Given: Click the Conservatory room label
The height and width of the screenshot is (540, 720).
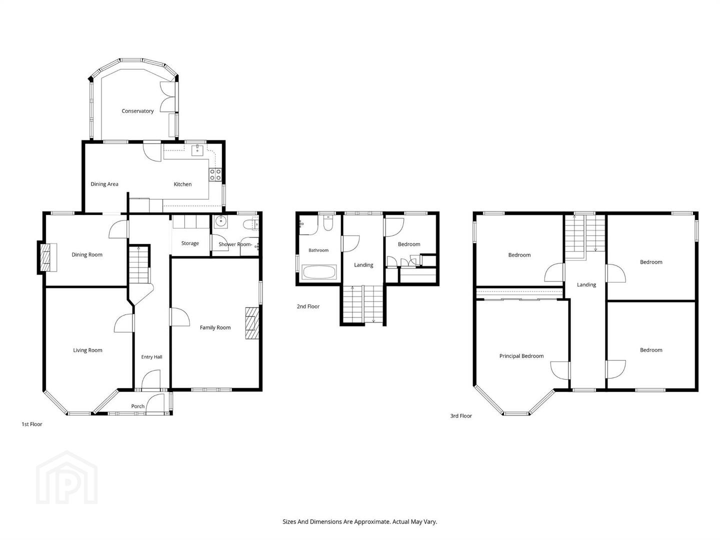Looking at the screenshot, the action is [x=137, y=111].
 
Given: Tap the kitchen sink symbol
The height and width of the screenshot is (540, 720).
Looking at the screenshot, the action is [x=197, y=150].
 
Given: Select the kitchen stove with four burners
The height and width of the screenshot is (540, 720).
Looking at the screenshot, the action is [x=215, y=174].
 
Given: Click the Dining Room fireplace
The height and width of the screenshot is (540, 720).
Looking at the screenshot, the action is [x=47, y=257].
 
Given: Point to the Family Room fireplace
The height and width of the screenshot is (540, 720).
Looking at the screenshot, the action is [x=252, y=323].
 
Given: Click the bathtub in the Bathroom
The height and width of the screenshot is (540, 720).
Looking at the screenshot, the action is [x=319, y=272].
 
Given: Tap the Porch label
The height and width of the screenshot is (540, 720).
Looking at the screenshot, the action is [x=138, y=406].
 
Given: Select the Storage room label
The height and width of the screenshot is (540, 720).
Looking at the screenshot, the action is [x=190, y=243].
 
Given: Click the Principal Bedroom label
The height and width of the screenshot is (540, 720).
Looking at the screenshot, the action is [x=521, y=356].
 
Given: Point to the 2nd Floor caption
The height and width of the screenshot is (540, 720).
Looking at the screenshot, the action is [x=308, y=306].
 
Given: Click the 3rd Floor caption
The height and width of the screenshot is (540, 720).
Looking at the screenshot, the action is [x=461, y=416].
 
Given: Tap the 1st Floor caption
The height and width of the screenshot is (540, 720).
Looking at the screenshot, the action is [x=32, y=424].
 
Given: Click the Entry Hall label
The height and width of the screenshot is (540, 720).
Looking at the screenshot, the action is [x=151, y=357].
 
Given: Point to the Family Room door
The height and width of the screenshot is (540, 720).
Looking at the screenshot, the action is [x=180, y=317].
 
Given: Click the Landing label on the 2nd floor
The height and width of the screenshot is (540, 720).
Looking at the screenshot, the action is [x=363, y=265].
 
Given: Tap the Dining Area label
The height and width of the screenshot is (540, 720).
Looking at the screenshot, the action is [x=104, y=184].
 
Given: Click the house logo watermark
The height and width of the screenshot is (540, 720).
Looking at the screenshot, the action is [x=66, y=477].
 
